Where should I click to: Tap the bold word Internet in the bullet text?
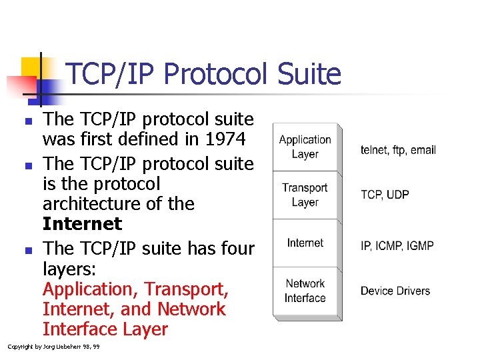point(82,223)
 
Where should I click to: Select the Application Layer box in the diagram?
point(305,147)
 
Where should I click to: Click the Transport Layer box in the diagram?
point(305,195)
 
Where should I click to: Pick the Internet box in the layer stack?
point(305,243)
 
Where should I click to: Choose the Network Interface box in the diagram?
point(305,291)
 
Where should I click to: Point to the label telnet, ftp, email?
point(398,150)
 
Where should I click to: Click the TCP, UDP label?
point(385,195)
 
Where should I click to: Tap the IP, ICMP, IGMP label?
point(397,246)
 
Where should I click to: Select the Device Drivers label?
point(395,291)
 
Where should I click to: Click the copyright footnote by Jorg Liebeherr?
point(53,347)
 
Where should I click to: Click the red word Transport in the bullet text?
point(186,290)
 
